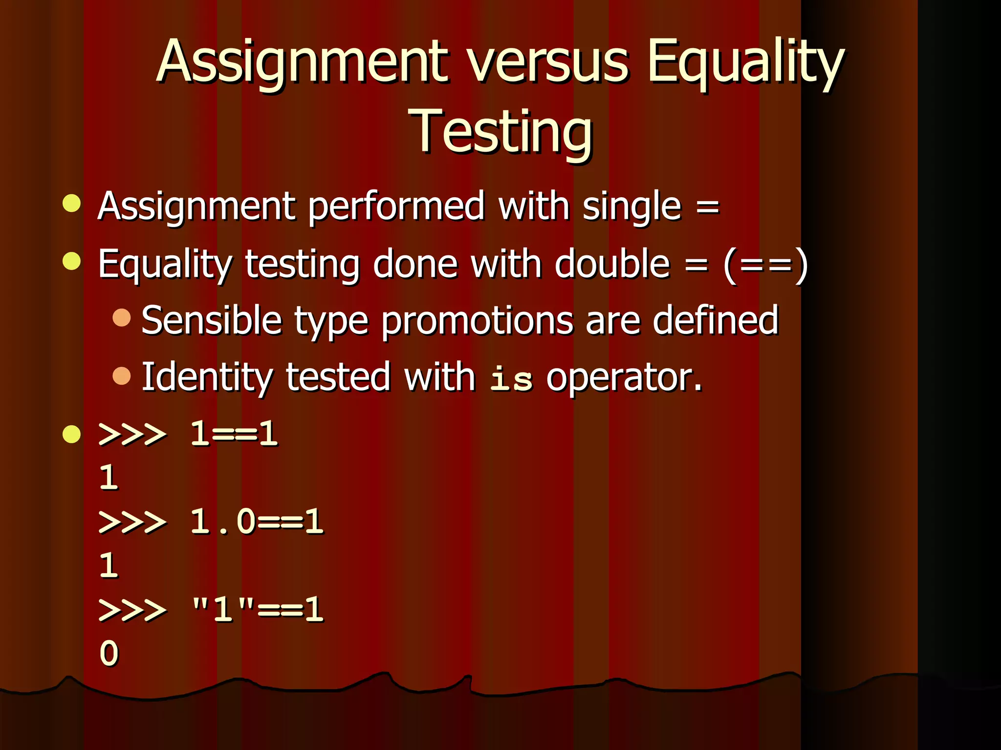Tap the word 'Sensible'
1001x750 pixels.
(x=212, y=321)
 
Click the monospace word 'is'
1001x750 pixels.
(x=511, y=378)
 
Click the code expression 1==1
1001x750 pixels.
(x=234, y=434)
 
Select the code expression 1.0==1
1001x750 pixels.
(x=257, y=521)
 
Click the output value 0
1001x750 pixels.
(x=109, y=653)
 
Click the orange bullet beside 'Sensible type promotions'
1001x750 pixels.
(x=122, y=317)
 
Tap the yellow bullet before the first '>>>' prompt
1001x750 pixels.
(x=72, y=434)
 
